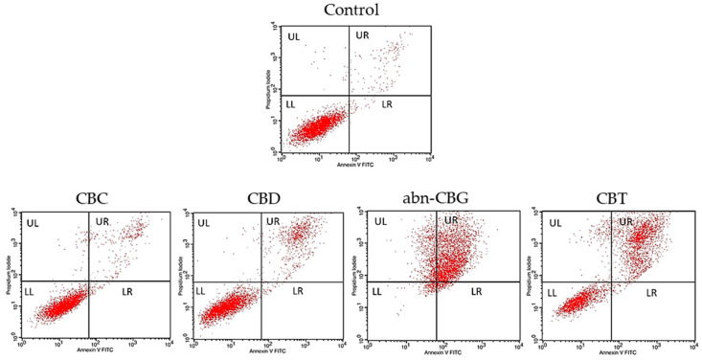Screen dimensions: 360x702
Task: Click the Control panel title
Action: click(x=351, y=11)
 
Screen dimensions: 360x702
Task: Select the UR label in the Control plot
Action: click(x=362, y=36)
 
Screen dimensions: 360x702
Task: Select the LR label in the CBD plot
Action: click(x=298, y=291)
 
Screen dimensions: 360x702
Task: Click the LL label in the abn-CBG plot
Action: click(x=376, y=291)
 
